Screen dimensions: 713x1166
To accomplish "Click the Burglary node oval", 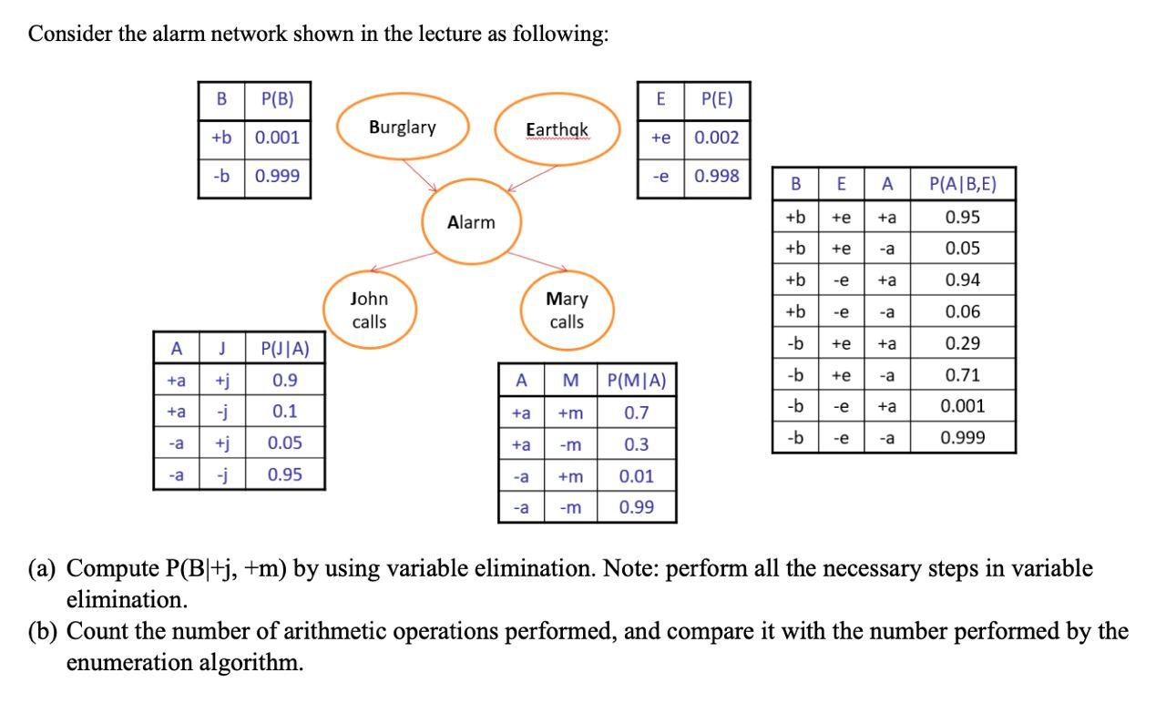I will click(x=403, y=128).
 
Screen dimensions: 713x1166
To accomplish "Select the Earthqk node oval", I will click(x=558, y=131).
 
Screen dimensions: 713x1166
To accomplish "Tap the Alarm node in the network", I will click(x=471, y=223).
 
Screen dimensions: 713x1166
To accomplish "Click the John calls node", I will click(x=369, y=310).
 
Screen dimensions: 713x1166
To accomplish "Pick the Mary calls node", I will click(x=567, y=310).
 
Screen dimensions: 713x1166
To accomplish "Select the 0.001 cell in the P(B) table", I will click(x=277, y=138).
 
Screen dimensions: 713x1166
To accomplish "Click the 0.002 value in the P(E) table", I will click(x=716, y=138).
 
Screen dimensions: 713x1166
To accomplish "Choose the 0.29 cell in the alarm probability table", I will click(x=962, y=343).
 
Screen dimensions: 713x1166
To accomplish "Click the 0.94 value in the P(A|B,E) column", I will click(x=962, y=280).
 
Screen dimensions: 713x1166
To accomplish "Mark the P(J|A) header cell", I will click(x=284, y=348).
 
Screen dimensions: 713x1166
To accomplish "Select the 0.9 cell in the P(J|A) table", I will click(x=284, y=380).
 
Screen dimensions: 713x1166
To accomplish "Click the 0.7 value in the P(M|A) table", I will click(x=636, y=413).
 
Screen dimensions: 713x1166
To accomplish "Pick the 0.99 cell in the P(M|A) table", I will click(x=636, y=507).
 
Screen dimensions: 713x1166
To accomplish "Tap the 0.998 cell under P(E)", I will click(x=716, y=176).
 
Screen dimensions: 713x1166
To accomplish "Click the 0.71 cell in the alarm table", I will click(x=962, y=375).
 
